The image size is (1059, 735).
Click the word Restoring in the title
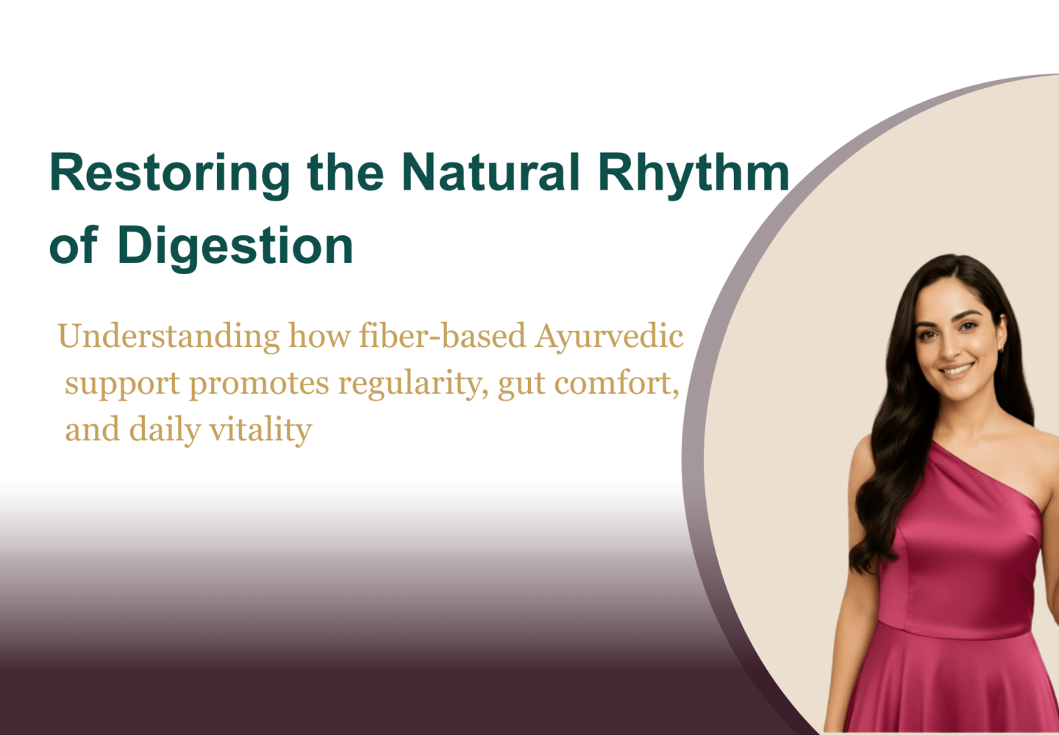(x=169, y=175)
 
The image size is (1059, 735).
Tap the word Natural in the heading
(x=491, y=172)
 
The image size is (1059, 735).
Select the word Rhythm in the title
(x=694, y=175)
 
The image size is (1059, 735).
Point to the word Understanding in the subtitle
(x=169, y=337)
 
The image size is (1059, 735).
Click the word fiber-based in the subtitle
(x=443, y=336)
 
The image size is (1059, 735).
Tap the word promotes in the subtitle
(x=259, y=384)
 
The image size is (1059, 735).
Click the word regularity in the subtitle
(x=413, y=384)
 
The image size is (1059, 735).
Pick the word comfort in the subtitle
(x=616, y=383)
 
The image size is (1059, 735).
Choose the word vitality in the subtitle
(x=260, y=430)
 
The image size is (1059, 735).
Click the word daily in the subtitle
(x=165, y=430)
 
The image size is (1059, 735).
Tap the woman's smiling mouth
(x=957, y=370)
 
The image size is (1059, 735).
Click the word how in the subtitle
(x=320, y=336)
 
